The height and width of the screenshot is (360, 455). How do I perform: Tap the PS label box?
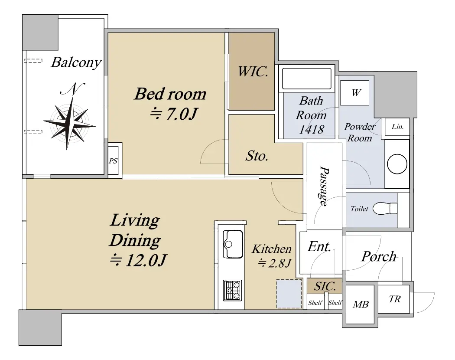pyautogui.click(x=113, y=160)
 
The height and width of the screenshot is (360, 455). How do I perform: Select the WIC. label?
pyautogui.click(x=253, y=72)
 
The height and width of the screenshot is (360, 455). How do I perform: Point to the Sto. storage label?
pyautogui.click(x=257, y=156)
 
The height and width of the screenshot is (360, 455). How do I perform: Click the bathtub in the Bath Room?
pyautogui.click(x=306, y=79)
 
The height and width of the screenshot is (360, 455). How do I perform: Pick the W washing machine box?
pyautogui.click(x=354, y=93)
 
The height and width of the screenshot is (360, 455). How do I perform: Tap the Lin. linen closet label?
pyautogui.click(x=397, y=127)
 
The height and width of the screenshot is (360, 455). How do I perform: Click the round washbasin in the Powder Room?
pyautogui.click(x=397, y=164)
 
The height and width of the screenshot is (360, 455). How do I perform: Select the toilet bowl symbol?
pyautogui.click(x=385, y=209)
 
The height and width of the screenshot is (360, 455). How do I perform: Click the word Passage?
pyautogui.click(x=324, y=186)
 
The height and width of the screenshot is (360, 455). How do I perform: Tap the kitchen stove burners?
pyautogui.click(x=232, y=290)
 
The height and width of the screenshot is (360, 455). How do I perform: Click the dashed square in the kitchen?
pyautogui.click(x=289, y=294)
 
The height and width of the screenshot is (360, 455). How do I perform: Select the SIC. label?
pyautogui.click(x=325, y=287)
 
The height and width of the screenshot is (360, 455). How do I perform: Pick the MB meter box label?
pyautogui.click(x=361, y=304)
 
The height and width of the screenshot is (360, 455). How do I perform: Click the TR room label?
pyautogui.click(x=395, y=299)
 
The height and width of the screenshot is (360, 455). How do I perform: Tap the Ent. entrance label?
pyautogui.click(x=319, y=246)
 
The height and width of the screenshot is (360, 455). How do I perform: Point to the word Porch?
pyautogui.click(x=379, y=257)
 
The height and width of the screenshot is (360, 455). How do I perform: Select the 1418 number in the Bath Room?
pyautogui.click(x=312, y=129)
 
